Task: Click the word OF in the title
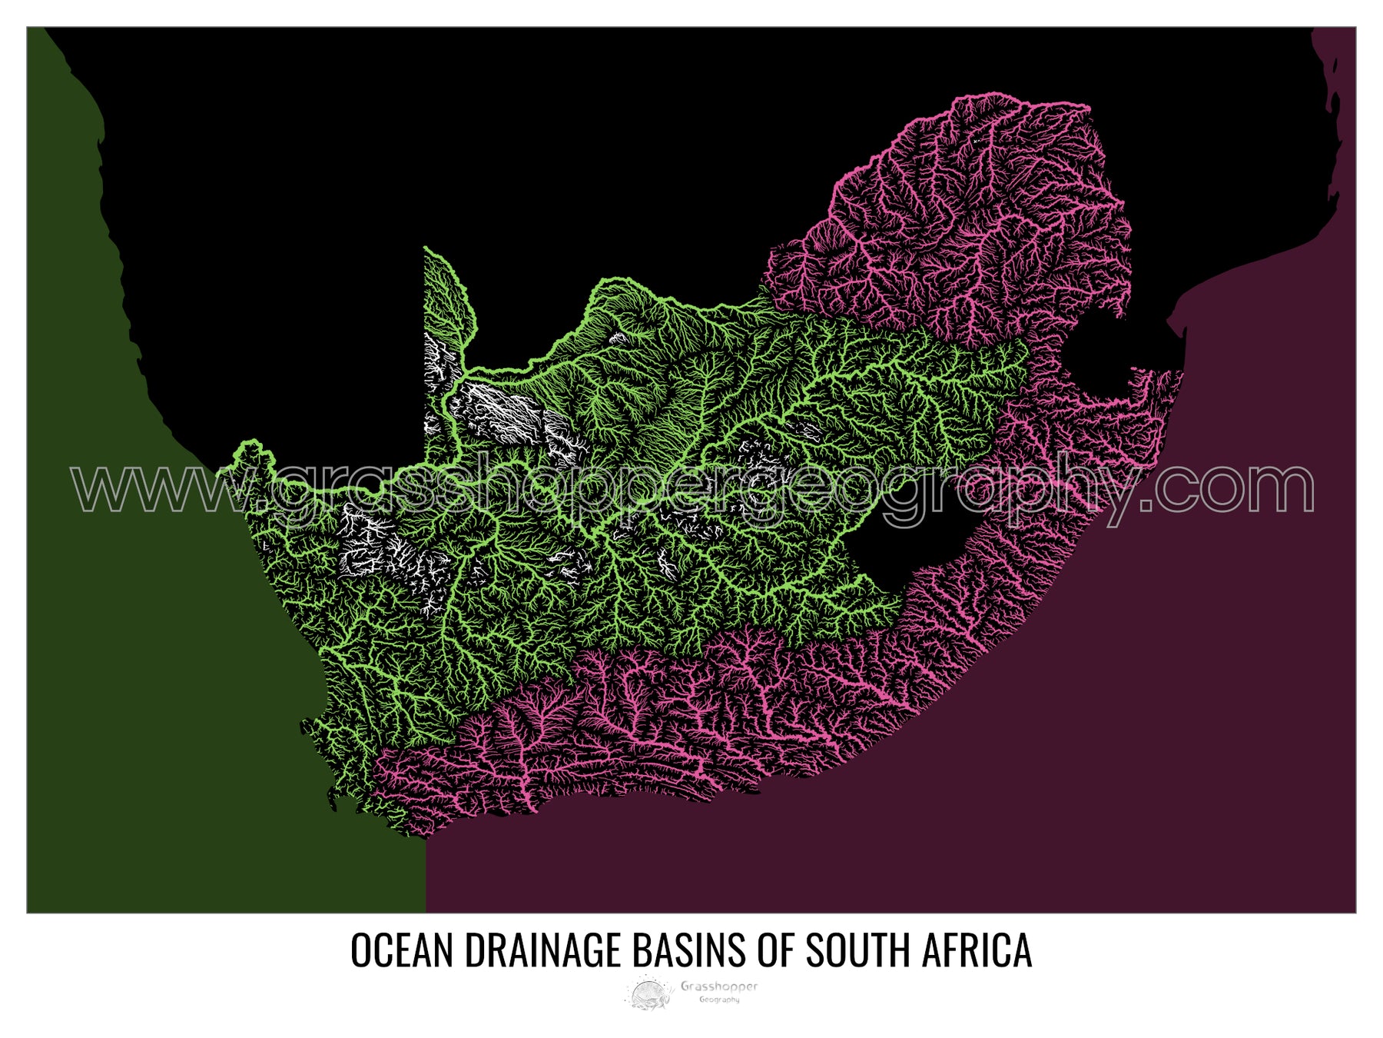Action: coord(775,950)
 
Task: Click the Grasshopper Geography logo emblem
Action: coord(649,992)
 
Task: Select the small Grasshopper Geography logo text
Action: coord(718,991)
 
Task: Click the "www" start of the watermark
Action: coord(146,488)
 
